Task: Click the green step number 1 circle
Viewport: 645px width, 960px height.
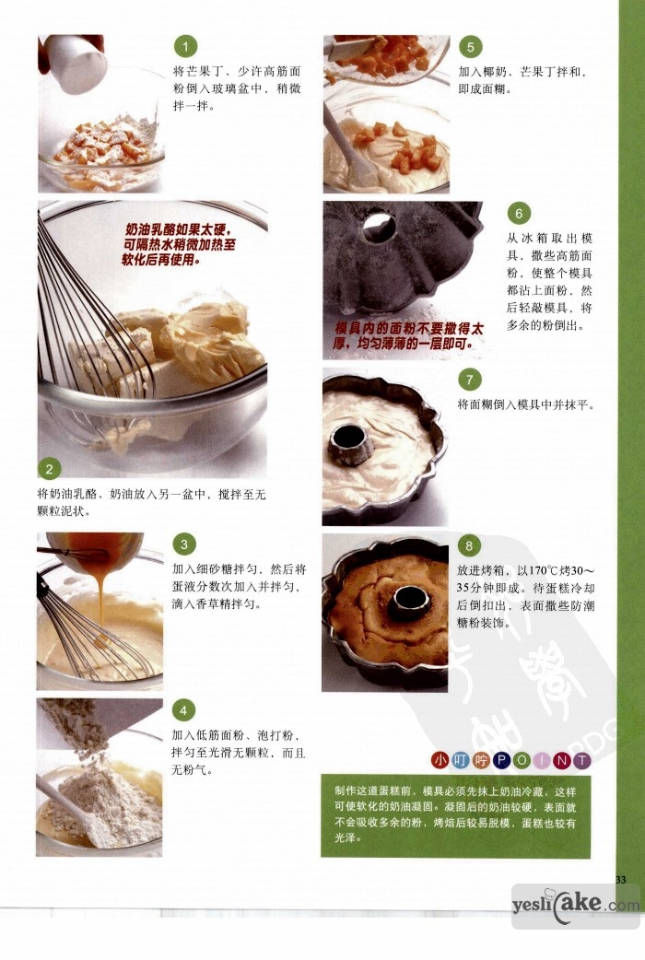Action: [x=185, y=47]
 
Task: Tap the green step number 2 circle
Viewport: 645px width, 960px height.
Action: [x=50, y=469]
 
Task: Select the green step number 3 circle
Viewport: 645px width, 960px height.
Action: [x=183, y=544]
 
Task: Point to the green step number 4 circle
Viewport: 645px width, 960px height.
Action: [x=183, y=710]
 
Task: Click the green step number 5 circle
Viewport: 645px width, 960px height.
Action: [x=470, y=47]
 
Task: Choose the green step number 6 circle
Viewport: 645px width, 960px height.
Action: [x=518, y=213]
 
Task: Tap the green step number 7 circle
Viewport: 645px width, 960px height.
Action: [x=469, y=380]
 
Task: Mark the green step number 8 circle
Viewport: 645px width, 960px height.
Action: [x=469, y=545]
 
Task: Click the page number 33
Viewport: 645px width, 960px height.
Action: [x=620, y=880]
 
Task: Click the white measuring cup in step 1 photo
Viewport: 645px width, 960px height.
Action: [x=75, y=63]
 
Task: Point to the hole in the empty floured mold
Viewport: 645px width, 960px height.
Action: [x=378, y=227]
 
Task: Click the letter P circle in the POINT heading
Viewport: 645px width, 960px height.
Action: [x=501, y=760]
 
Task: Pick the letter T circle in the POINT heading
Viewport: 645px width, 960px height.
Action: [x=581, y=760]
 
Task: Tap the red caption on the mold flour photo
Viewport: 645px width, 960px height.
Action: [x=409, y=336]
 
